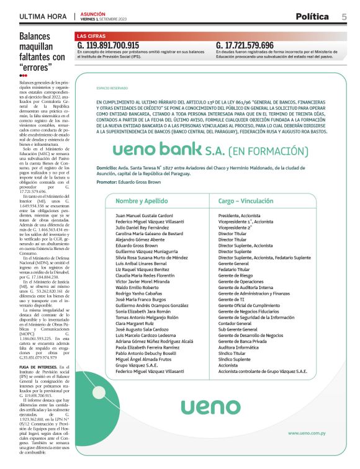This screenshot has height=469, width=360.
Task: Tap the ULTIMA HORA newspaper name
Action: [x=43, y=17]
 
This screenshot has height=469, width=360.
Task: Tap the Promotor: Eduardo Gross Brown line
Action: [x=129, y=182]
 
